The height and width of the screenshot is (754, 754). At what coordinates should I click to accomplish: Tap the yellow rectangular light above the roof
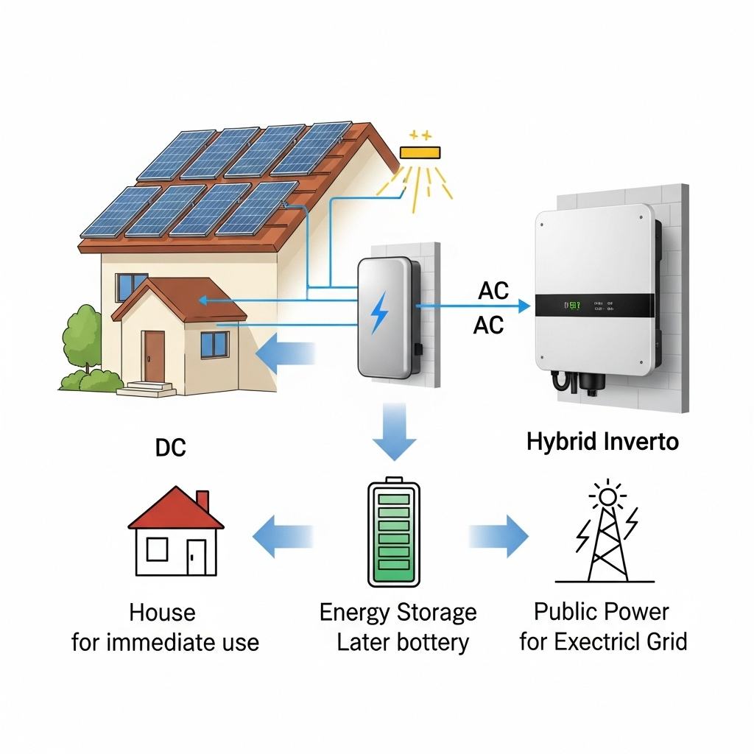pyautogui.click(x=420, y=152)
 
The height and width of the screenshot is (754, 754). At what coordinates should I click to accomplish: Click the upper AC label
pyautogui.click(x=493, y=291)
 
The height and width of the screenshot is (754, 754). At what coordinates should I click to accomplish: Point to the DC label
pyautogui.click(x=170, y=448)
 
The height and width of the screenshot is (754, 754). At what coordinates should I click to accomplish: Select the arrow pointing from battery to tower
pyautogui.click(x=501, y=535)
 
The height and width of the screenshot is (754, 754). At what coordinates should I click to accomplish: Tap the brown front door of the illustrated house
pyautogui.click(x=154, y=356)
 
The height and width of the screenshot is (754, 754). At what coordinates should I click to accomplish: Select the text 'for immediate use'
pyautogui.click(x=165, y=642)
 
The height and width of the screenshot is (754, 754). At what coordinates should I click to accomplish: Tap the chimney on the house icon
pyautogui.click(x=202, y=501)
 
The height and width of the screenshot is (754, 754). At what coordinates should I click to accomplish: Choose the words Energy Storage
pyautogui.click(x=398, y=612)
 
